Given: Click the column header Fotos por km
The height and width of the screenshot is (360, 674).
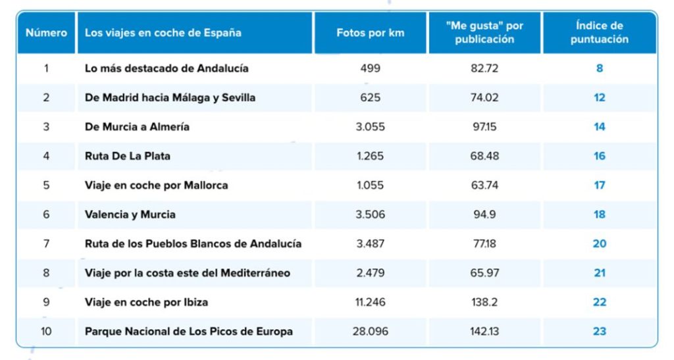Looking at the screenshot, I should coord(370,32).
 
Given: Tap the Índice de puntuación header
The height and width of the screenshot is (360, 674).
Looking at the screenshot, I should coord(599,32).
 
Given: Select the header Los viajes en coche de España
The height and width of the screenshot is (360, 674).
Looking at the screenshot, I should coord(163,32).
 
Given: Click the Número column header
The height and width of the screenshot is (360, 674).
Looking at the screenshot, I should coord(46,32).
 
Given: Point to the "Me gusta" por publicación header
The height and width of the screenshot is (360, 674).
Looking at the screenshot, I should coord(484,32).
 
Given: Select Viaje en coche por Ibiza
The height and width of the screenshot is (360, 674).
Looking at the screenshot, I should coord(147,302).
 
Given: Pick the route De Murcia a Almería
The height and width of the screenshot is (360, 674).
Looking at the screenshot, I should coord(137,126).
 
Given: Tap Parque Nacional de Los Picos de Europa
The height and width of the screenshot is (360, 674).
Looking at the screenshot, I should coord(189,331).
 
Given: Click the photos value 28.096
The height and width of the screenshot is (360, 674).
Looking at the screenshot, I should coord(371,331).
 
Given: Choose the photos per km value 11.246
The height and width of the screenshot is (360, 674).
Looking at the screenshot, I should coord(371,302).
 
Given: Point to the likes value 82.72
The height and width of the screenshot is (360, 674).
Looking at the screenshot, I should coord(484,68).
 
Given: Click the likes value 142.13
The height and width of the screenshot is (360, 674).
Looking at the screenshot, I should coord(484,331).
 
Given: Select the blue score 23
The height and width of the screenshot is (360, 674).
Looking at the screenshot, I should coord(599,331).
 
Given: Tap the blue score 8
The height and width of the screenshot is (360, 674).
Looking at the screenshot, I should coord(599,68).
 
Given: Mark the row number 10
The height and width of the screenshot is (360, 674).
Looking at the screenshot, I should coord(46,331).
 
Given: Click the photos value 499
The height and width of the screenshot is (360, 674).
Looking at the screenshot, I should coord(371,68).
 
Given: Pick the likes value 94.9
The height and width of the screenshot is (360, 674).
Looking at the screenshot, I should coord(484,214).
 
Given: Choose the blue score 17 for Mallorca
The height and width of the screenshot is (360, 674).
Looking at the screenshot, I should coord(599,185).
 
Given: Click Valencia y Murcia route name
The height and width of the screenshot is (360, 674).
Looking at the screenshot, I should coord(130,214).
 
